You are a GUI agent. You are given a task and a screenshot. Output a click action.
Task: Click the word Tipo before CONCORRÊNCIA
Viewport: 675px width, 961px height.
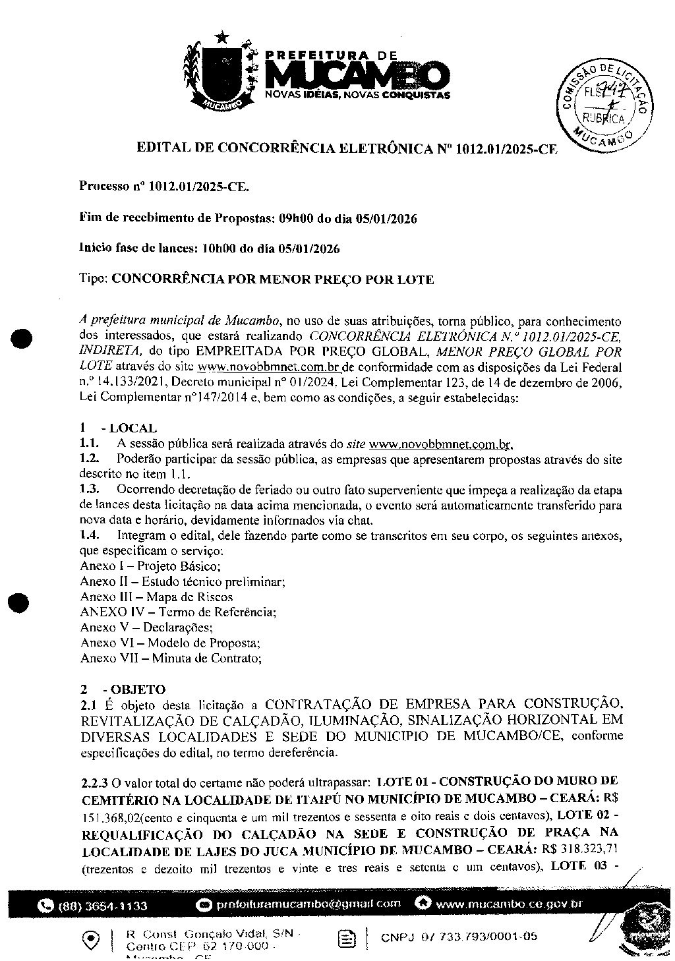click(93, 279)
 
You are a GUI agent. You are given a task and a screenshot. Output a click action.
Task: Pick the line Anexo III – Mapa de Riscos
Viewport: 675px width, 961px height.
click(156, 597)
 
